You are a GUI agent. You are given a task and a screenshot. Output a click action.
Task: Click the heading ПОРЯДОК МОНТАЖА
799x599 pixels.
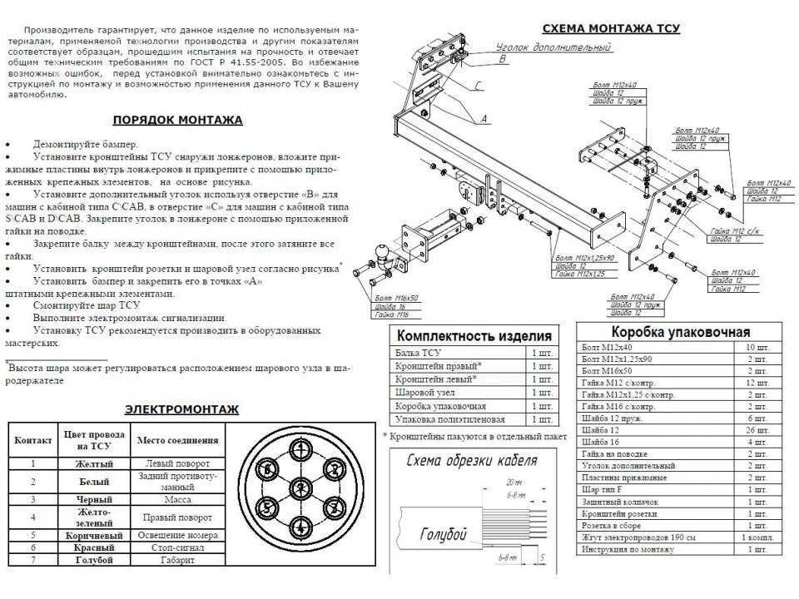(177, 120)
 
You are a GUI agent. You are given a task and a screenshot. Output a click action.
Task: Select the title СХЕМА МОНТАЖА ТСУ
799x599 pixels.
(611, 28)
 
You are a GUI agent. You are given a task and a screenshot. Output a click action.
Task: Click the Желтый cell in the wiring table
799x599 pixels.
(94, 463)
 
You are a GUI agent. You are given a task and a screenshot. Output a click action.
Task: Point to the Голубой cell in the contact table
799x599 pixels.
(94, 562)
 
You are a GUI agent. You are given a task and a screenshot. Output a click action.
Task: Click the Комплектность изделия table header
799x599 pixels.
(472, 336)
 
